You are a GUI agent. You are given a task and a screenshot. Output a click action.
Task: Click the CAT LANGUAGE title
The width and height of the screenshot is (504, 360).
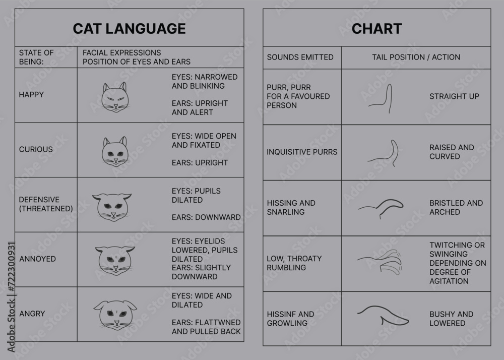(x=129, y=29)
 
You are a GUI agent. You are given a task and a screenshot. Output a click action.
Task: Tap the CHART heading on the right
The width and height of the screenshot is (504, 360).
(x=376, y=29)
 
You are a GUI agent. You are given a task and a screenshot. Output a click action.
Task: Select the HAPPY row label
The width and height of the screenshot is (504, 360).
(x=31, y=95)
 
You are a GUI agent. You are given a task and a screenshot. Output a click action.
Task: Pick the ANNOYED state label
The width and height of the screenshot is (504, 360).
(x=37, y=259)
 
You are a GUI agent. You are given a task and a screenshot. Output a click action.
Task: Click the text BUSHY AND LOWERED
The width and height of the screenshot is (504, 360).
(x=451, y=319)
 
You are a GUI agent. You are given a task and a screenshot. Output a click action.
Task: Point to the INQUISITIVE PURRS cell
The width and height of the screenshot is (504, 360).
(x=302, y=152)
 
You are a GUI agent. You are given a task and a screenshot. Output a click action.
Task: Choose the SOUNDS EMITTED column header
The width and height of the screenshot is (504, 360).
(x=300, y=57)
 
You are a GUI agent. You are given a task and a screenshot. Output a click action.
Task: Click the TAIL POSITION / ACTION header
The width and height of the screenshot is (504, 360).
(x=416, y=57)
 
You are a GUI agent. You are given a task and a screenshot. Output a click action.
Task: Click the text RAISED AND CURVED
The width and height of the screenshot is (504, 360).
(x=452, y=152)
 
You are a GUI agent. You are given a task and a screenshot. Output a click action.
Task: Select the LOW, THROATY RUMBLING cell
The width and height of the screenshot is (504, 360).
(x=294, y=263)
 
